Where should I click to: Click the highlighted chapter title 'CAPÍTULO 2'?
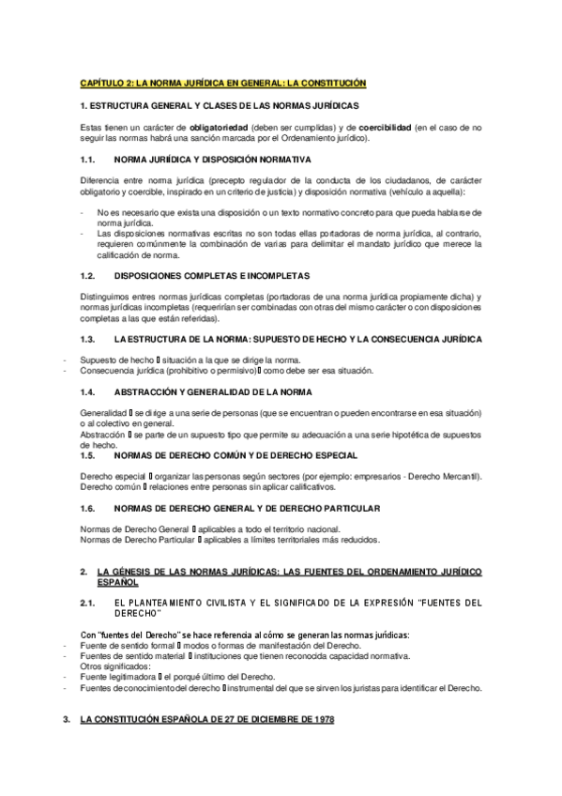coord(106,84)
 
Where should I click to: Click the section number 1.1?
coord(89,160)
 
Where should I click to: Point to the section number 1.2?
coord(89,277)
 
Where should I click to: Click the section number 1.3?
coord(89,338)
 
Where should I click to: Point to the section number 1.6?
coord(89,509)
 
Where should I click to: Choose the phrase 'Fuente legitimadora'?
coord(118,677)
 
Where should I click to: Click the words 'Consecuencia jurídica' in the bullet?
coord(124,370)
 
